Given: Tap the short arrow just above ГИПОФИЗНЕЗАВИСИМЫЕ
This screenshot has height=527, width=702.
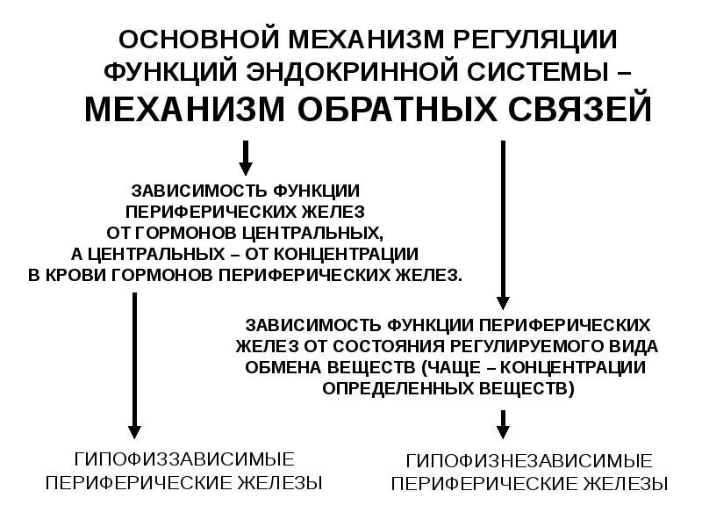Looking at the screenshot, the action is coord(503,426).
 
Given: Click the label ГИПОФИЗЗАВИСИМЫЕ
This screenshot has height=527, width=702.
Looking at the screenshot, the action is coord(183,458).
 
